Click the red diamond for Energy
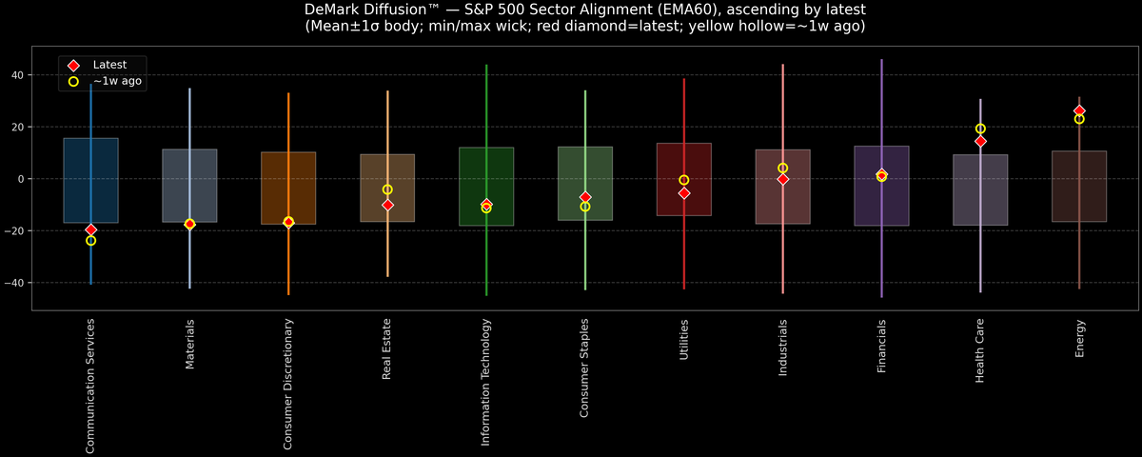point(1079,111)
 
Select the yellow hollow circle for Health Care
point(980,129)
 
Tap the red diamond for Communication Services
point(90,229)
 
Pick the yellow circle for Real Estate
point(387,189)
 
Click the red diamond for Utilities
point(684,193)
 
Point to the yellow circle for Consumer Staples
point(585,207)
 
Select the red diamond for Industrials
point(783,179)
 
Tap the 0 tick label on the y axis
point(23,179)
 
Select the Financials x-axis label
point(882,347)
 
